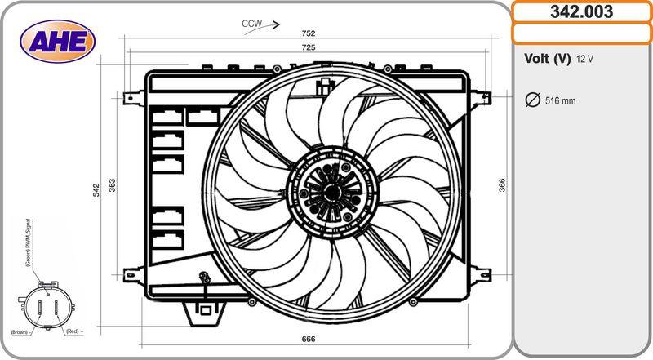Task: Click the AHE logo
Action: tap(57, 42)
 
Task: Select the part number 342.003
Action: tap(581, 11)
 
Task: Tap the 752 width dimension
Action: tap(309, 33)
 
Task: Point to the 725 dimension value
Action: tap(309, 47)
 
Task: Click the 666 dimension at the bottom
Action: tap(309, 339)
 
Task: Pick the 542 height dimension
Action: tap(96, 190)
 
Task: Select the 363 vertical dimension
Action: tap(112, 185)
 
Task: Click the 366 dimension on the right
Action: tap(502, 185)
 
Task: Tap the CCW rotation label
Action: tap(252, 24)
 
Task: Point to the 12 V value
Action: tap(584, 59)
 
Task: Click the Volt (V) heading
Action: tap(547, 59)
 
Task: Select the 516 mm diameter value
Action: tap(561, 101)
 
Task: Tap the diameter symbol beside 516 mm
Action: tap(533, 100)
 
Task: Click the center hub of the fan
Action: tap(332, 193)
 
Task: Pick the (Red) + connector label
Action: tap(75, 331)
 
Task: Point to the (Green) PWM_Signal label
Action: tap(29, 242)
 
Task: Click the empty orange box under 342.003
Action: tap(581, 33)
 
